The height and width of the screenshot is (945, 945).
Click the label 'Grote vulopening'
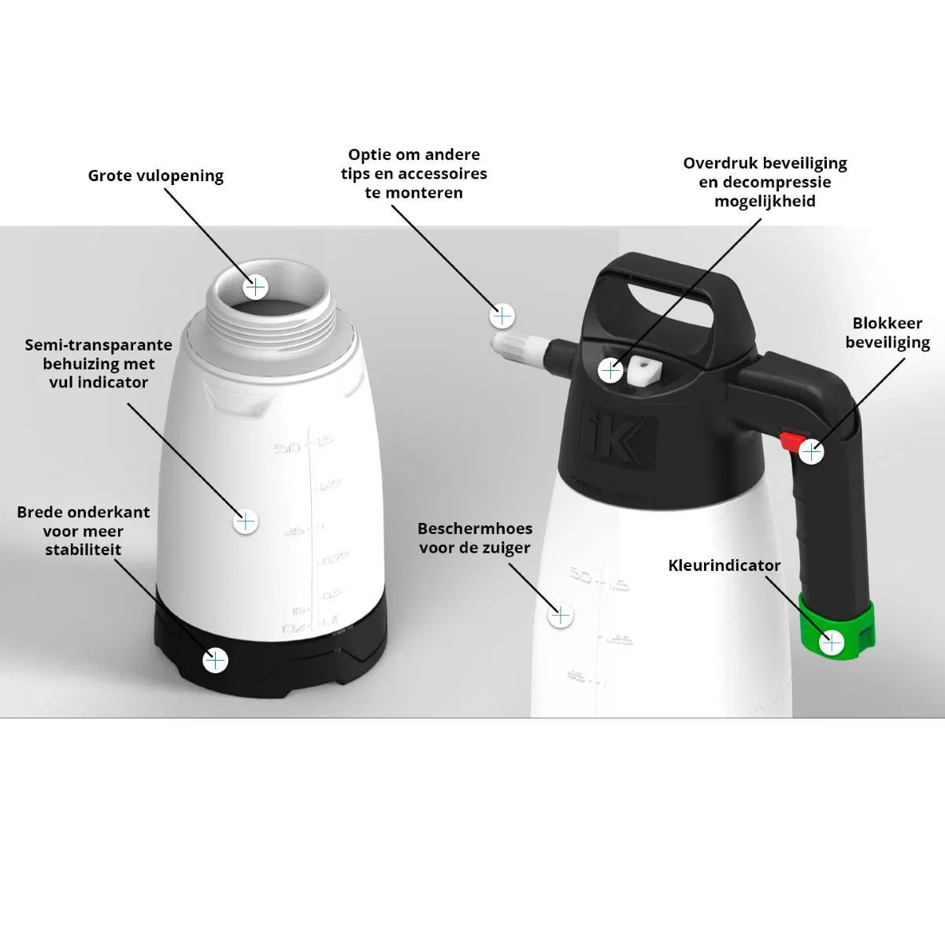pyautogui.click(x=155, y=176)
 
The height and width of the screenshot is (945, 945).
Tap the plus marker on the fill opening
pyautogui.click(x=254, y=287)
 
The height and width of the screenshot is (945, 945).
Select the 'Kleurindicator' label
pyautogui.click(x=724, y=565)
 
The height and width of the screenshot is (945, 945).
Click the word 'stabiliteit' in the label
pyautogui.click(x=83, y=550)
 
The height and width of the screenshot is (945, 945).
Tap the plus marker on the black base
pyautogui.click(x=215, y=660)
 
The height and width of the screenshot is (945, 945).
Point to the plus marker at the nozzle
pyautogui.click(x=502, y=316)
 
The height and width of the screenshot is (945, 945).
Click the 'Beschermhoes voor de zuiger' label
pyautogui.click(x=475, y=538)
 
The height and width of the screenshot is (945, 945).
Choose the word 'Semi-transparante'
pyautogui.click(x=98, y=345)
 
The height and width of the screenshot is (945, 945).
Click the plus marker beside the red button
pyautogui.click(x=811, y=452)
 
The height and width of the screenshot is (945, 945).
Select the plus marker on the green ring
pyautogui.click(x=832, y=643)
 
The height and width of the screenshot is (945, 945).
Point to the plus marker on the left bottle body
pyautogui.click(x=246, y=521)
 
